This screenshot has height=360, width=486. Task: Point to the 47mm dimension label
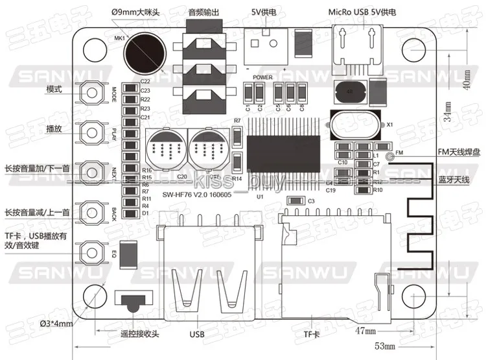[x=365, y=331]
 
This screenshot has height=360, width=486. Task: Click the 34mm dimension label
[x=448, y=118]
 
